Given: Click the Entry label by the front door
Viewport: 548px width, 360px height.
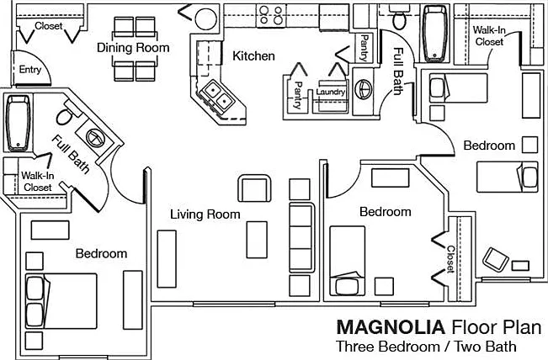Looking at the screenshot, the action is coord(30,70).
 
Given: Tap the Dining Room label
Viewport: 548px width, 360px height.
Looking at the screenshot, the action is coord(133,47).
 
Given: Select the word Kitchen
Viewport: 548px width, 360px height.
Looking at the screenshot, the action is coord(253,56).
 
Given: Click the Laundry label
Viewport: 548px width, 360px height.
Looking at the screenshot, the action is coord(330,92).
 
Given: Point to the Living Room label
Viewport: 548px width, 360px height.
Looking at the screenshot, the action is coord(205,214).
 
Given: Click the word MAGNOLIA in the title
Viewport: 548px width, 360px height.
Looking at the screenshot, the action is coord(391,327).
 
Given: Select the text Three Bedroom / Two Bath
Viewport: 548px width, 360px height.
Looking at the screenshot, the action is coord(426,347).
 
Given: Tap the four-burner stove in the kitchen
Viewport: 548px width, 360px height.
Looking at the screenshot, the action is coord(271,16).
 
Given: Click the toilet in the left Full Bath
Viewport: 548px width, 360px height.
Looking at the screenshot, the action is coord(67,114).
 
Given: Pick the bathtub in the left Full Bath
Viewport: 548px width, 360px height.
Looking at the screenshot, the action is coord(19,123).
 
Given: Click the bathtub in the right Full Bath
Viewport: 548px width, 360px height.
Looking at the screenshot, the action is coord(434,34).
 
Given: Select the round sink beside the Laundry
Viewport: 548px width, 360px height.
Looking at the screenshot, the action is coord(364,89).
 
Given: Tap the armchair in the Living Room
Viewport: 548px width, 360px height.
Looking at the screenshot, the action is coord(254,188).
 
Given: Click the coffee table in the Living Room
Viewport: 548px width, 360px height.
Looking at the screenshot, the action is coord(257,240).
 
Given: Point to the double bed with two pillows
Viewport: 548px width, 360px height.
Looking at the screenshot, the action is coord(61,301).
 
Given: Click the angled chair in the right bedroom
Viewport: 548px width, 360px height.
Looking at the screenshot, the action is coord(495,259).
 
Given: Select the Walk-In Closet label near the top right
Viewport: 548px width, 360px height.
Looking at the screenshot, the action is coord(489,36).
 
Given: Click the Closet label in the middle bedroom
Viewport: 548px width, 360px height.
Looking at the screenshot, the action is coord(450,259).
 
